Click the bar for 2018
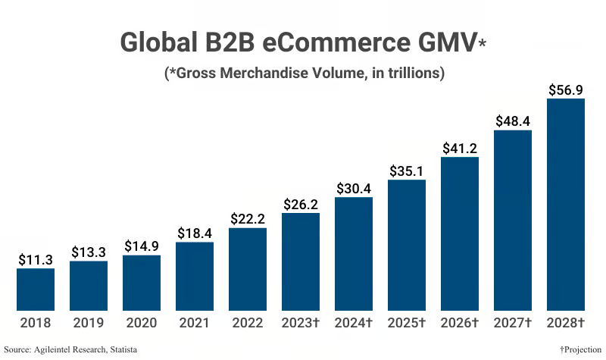36,290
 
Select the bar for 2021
195,277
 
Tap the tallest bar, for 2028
566,205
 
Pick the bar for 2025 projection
407,246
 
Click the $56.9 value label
566,89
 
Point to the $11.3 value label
36,259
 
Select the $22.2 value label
248,218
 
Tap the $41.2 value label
460,148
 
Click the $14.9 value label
142,246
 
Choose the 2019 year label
89,323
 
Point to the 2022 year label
248,323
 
